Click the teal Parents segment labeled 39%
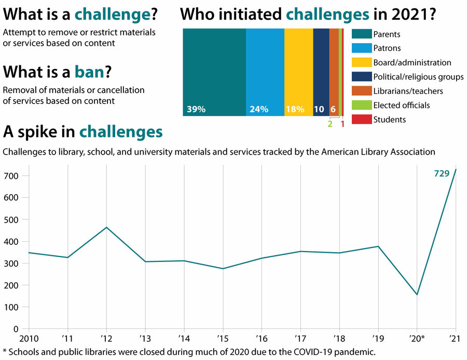tap(214, 72)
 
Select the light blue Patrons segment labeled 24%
tap(265, 72)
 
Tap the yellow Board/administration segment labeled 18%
tap(298, 72)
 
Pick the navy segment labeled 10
tap(321, 72)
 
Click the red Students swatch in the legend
tap(360, 120)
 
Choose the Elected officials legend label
tap(401, 105)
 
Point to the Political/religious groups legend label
tap(418, 77)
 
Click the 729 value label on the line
tap(441, 174)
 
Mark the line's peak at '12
tap(106, 227)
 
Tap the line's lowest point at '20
tap(417, 295)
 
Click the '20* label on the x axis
tap(417, 339)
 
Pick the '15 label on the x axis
tap(223, 339)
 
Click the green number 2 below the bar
tap(329, 123)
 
